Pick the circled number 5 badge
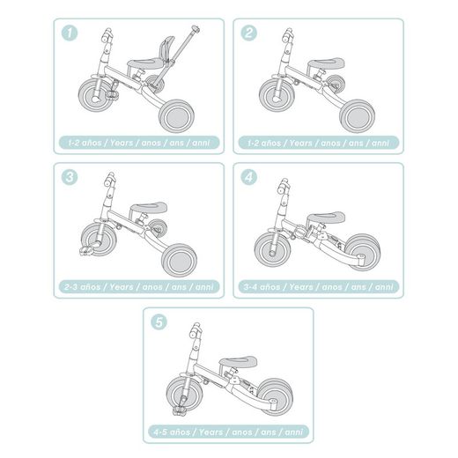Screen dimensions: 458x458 click(159, 321)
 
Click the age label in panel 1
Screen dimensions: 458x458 click(140, 142)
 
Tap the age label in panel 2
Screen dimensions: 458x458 click(318, 142)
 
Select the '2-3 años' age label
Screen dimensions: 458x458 click(140, 286)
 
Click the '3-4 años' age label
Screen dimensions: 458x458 click(318, 286)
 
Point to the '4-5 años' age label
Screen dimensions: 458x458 click(228, 431)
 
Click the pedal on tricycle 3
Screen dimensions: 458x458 click(88, 251)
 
